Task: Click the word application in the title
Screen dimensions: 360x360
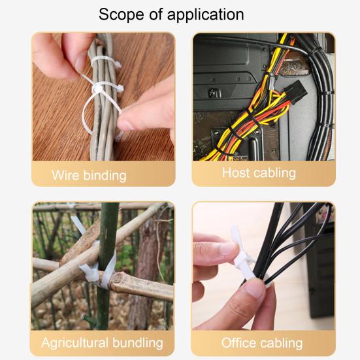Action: [x=205, y=15]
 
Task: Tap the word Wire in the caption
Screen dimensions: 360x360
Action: [x=65, y=175]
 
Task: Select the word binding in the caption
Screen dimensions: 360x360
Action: [x=105, y=176]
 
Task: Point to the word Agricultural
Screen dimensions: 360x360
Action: [x=75, y=343]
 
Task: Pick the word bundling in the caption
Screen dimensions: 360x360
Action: [x=138, y=343]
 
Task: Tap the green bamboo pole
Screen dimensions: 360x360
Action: [x=107, y=264]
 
